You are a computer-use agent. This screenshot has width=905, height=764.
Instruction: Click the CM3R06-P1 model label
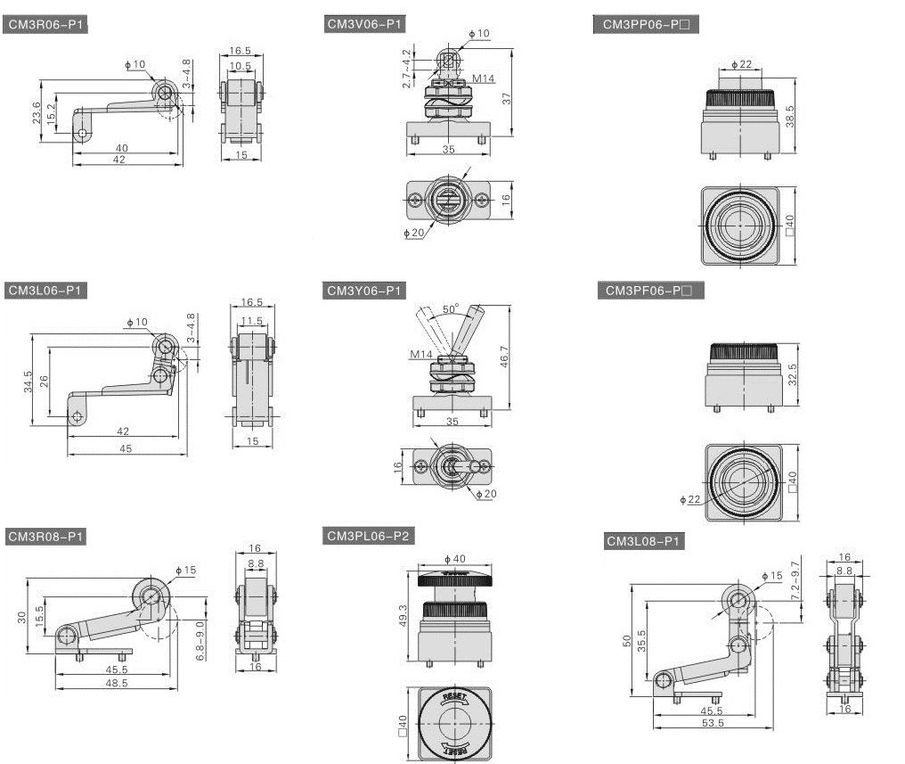[x=46, y=26]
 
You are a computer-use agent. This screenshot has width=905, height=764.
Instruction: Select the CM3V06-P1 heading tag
[x=366, y=25]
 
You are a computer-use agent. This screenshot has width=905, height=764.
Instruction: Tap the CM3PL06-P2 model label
[x=369, y=536]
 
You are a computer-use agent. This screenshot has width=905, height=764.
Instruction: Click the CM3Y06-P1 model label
[x=365, y=291]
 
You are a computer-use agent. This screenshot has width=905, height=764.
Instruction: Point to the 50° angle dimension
[x=451, y=309]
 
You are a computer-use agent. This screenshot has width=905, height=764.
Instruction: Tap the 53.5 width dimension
[x=712, y=723]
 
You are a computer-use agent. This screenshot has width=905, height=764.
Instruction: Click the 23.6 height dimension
[x=36, y=113]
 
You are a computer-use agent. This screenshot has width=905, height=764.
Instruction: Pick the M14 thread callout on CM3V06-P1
[x=483, y=78]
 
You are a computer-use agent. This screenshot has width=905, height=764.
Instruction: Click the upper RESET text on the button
[x=453, y=695]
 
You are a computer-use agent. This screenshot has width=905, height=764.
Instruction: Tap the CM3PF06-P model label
[x=648, y=291]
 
